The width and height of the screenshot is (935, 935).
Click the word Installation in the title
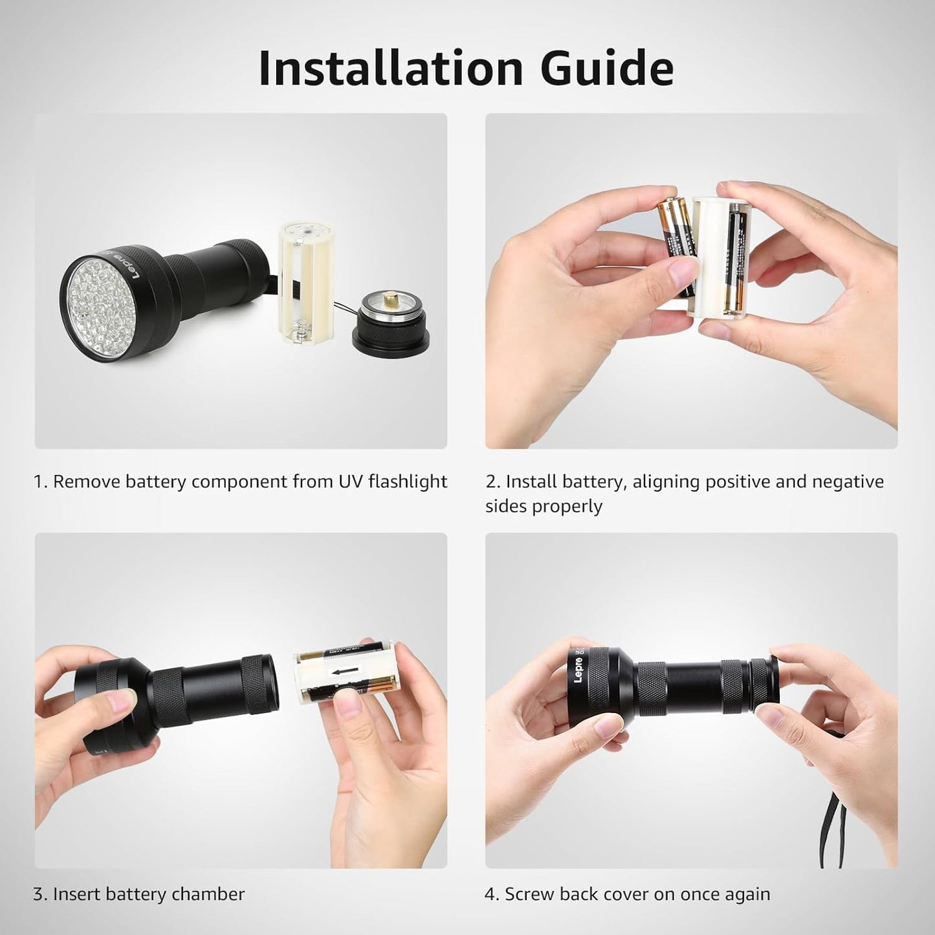(x=390, y=67)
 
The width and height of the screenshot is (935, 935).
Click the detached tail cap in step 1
(x=386, y=320)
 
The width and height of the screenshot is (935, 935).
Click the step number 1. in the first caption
(x=40, y=482)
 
